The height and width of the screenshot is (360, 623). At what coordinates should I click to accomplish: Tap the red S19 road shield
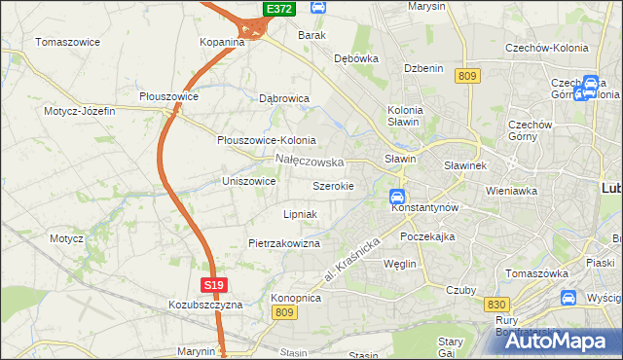pos(215,285)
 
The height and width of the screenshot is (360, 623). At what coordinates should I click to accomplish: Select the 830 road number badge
pos(495,305)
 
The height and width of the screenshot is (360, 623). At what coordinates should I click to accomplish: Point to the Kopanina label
pos(222,43)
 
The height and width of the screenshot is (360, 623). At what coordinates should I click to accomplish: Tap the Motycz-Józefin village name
pos(79,111)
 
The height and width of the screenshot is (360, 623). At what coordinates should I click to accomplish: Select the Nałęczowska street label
pos(310,161)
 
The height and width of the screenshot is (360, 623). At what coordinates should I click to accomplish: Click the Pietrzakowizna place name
pos(284,243)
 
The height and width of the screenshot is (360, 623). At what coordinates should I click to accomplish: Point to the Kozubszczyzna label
pos(204,305)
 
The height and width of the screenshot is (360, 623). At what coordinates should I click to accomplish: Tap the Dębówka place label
pos(355,58)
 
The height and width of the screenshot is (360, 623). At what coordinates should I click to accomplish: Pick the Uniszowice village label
pos(251,181)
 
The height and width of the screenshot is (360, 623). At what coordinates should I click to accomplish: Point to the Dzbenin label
pos(423,68)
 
